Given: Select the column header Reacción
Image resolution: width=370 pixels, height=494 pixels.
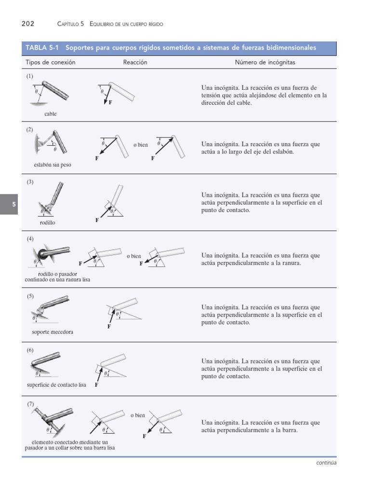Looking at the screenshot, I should click(135, 62).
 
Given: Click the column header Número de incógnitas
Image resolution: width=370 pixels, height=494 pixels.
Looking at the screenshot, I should click(265, 62).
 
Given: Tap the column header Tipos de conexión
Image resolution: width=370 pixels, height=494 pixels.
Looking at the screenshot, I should click(50, 62).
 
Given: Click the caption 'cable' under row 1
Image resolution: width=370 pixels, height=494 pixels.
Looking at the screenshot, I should click(50, 114).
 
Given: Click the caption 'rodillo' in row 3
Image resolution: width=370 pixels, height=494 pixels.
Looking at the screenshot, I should click(47, 222).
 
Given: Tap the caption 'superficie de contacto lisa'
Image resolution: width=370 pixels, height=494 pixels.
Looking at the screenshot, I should click(56, 385).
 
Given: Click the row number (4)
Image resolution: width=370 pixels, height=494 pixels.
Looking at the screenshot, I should click(30, 239).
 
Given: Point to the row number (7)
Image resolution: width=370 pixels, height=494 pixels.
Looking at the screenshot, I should click(30, 404).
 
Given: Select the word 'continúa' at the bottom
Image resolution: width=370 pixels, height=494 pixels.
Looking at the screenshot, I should click(326, 463).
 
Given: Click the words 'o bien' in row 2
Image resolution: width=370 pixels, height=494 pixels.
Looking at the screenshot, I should click(141, 145).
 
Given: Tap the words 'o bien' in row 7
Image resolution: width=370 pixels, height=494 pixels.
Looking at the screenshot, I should click(137, 415).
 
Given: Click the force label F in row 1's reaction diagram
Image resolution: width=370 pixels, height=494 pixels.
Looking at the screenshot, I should click(110, 103).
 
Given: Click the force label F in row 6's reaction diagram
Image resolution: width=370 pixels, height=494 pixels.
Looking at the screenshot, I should click(97, 385).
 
